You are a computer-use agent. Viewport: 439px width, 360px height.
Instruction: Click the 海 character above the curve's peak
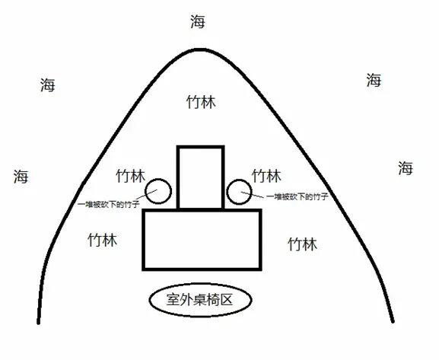pos(198,21)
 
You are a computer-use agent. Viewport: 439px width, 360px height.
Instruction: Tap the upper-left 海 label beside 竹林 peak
pos(48,85)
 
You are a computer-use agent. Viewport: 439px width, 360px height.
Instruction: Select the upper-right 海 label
pos(374,80)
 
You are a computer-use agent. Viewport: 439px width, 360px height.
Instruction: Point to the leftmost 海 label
pos(21,177)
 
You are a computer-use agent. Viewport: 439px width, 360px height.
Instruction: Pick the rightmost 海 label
pos(406,168)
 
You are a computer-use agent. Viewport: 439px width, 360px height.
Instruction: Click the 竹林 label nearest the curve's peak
pos(201,102)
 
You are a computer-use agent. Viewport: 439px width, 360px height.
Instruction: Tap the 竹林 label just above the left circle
pos(131,176)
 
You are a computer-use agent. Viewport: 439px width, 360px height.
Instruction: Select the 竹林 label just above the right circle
pos(266,176)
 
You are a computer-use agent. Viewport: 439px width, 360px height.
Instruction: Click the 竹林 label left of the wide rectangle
pos(103,240)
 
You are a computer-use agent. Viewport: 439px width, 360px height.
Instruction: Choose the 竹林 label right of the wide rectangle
pos(303,244)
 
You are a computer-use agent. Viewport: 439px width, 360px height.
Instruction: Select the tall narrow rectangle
pos(178,177)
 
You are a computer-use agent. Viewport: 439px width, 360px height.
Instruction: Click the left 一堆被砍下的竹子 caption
pos(109,204)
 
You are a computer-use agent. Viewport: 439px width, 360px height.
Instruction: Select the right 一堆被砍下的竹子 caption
pos(297,196)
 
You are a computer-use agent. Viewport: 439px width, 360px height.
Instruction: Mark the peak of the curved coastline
pos(201,50)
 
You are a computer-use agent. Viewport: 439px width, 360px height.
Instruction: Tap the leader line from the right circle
pos(252,195)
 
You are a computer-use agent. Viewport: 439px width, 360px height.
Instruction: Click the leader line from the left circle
pos(146,195)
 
